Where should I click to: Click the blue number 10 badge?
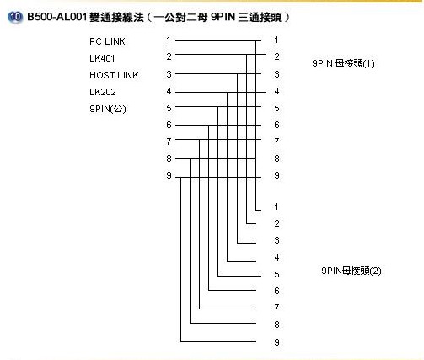click(15, 17)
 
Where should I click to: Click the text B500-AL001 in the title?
click(56, 17)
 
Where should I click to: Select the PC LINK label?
click(107, 41)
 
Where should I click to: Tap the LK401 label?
click(102, 58)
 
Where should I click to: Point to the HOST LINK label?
click(114, 75)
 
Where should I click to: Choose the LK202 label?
click(103, 92)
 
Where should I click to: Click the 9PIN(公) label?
click(108, 109)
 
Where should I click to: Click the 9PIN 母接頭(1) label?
click(343, 63)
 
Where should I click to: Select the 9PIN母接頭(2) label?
click(352, 271)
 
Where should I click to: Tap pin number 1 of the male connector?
click(169, 40)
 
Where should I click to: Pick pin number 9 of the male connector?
click(169, 175)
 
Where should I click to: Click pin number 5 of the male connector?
click(169, 108)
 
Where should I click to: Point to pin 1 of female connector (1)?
click(276, 40)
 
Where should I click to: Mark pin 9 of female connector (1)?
click(276, 175)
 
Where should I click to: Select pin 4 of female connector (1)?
click(276, 91)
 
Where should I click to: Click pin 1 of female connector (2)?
click(276, 207)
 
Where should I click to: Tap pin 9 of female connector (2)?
click(276, 342)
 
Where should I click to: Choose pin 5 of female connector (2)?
click(276, 274)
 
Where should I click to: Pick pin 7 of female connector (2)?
click(276, 308)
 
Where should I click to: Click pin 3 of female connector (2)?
click(276, 240)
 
